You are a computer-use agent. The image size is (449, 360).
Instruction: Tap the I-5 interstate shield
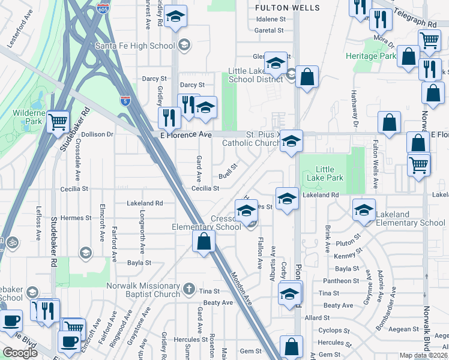coord(125,101)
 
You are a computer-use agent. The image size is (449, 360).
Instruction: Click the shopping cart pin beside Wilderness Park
coord(58,122)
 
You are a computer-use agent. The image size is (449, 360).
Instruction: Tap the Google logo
coord(20,353)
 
